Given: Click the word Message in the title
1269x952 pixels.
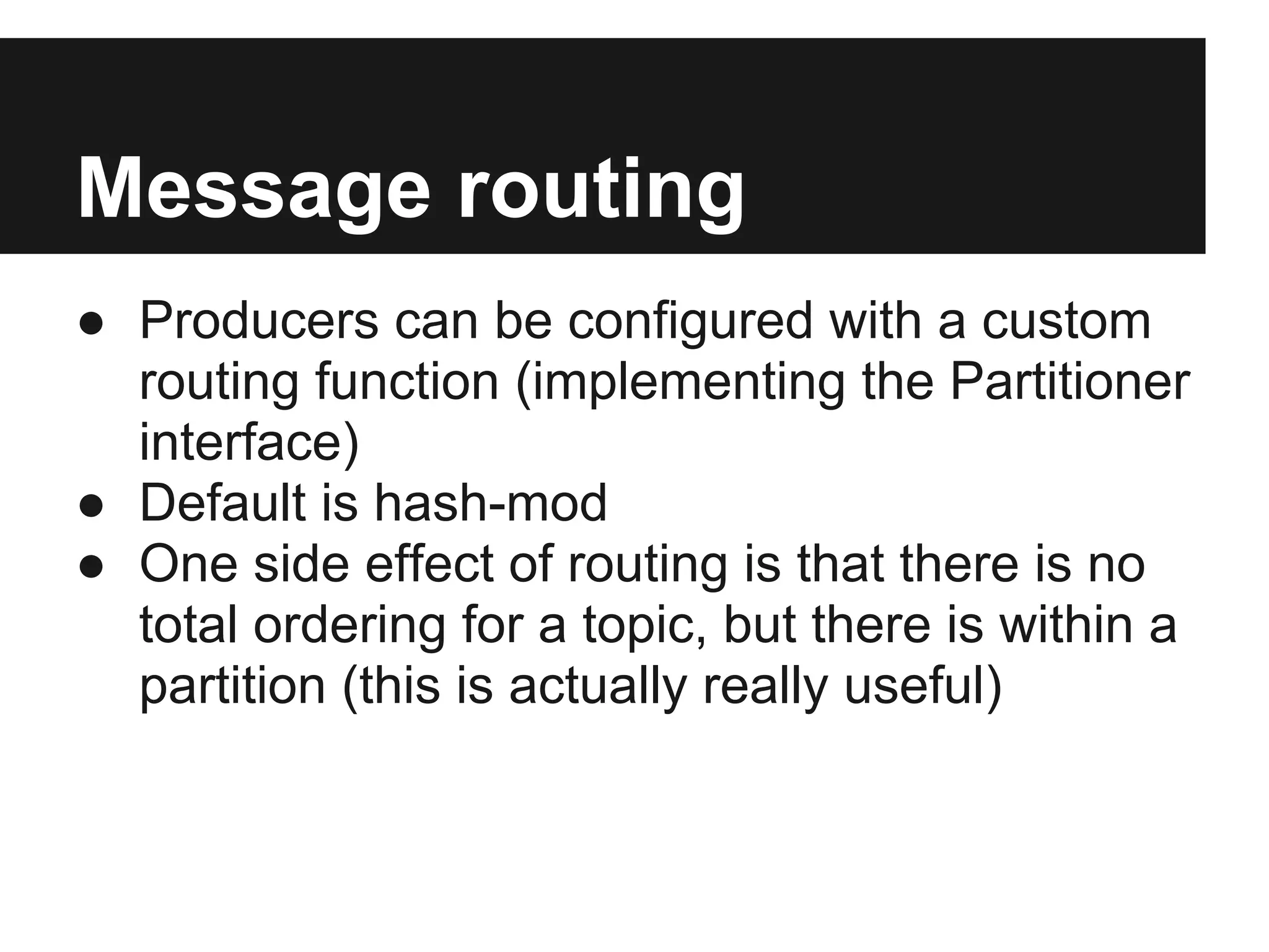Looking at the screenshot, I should click(253, 188).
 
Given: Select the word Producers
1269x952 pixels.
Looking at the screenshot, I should click(259, 321).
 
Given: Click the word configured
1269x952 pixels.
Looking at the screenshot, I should click(690, 321).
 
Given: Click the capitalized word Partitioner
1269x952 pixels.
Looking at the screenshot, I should click(1069, 382).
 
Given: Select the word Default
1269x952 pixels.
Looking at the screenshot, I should click(223, 503).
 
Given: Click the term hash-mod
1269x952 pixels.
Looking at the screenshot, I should click(491, 503).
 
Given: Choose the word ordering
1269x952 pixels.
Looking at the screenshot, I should click(349, 625).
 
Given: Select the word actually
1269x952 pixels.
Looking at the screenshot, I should click(598, 685).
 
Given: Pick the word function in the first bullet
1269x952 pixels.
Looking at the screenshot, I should click(407, 382).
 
